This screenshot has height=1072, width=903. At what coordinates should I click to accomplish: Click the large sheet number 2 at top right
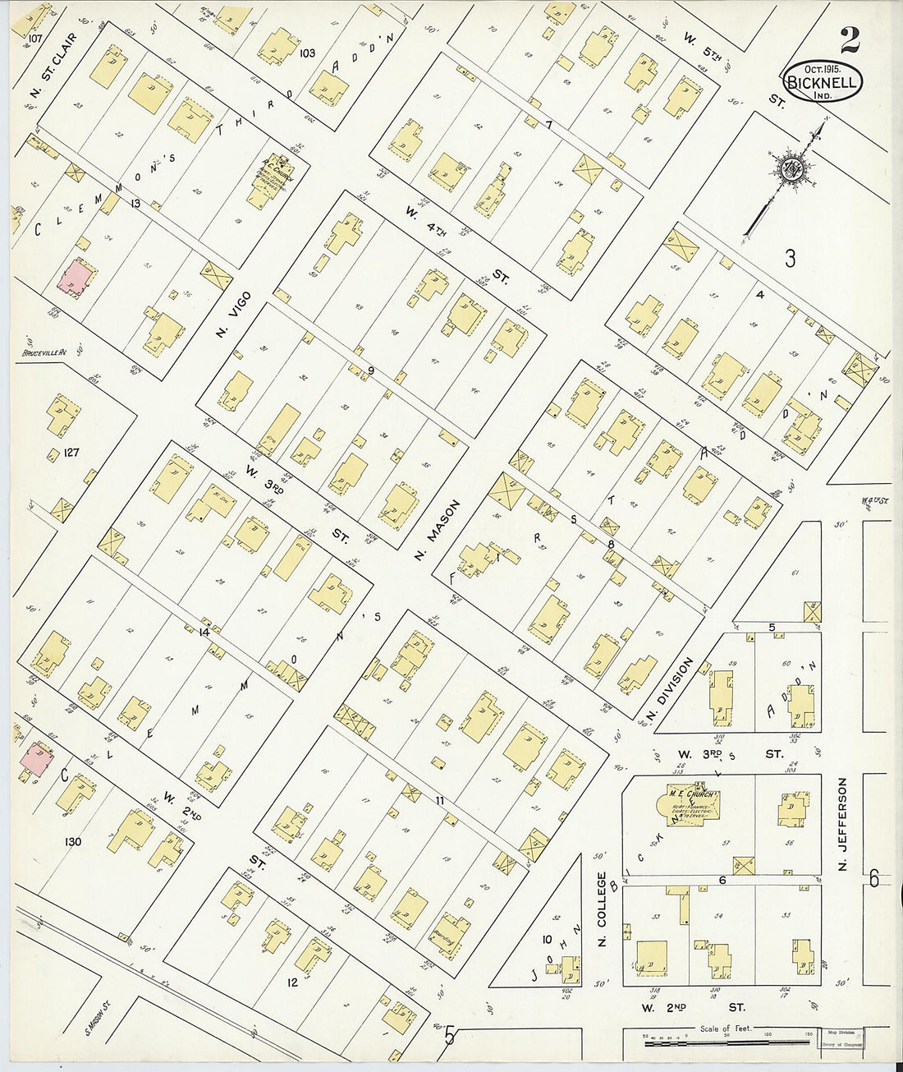850,39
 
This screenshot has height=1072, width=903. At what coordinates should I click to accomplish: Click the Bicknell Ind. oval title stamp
823,81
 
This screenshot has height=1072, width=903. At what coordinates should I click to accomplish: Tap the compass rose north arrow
792,168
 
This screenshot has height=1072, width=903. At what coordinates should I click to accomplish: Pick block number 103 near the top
308,53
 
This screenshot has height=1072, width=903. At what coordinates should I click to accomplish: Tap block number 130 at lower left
73,841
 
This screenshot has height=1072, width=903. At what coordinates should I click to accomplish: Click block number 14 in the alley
204,633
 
